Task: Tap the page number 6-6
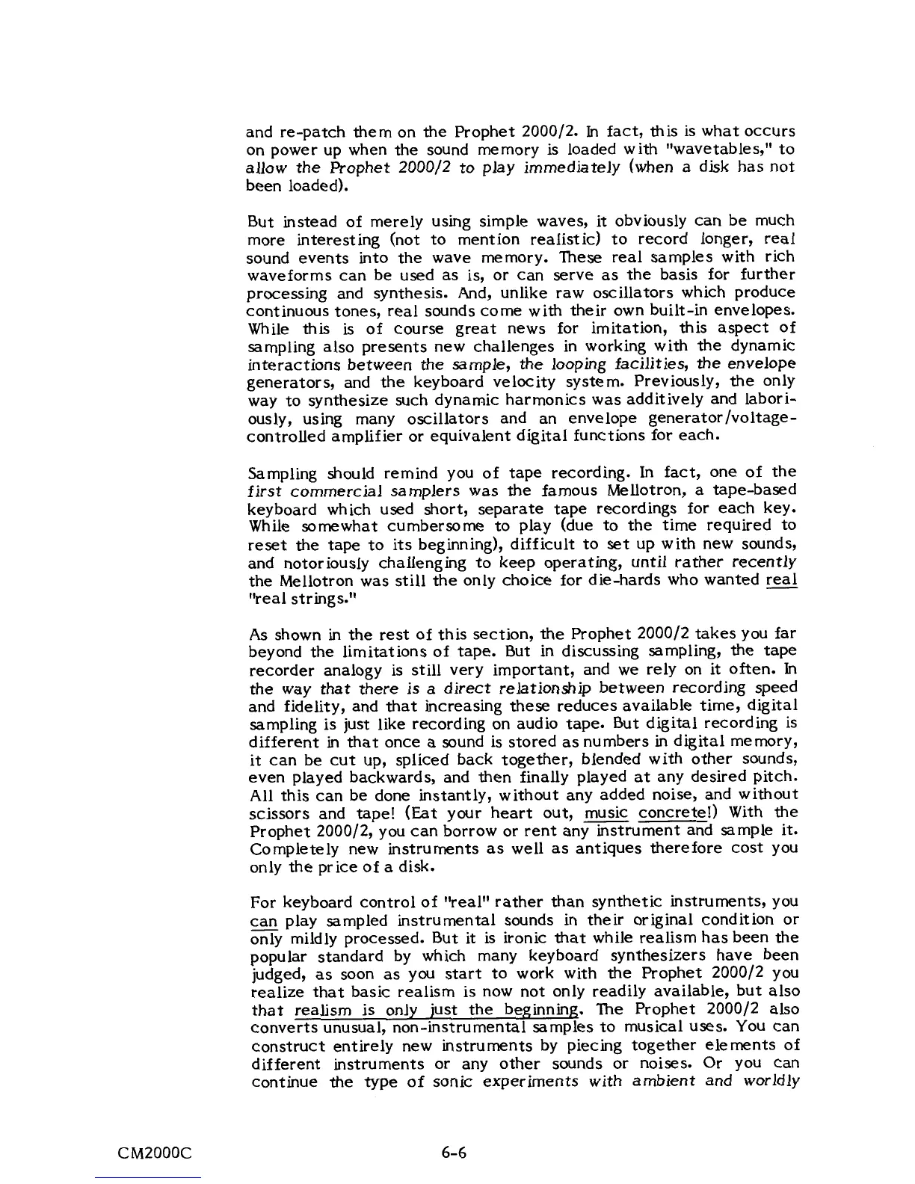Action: pos(454,1152)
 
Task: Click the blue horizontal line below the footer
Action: pos(149,1177)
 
